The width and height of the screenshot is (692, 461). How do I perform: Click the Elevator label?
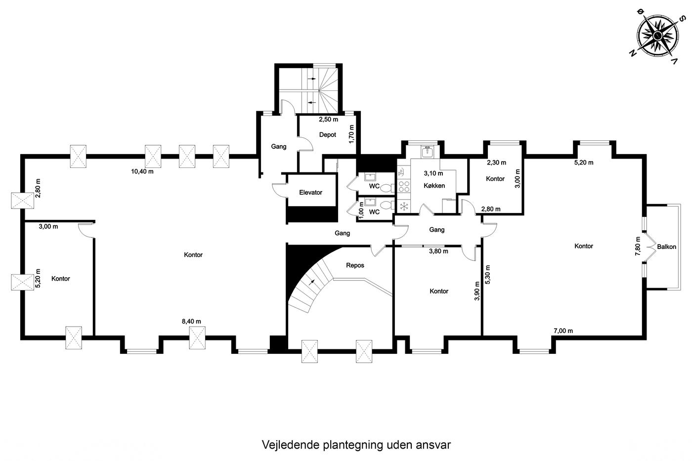pyautogui.click(x=310, y=192)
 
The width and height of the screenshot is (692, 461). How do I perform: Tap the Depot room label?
pyautogui.click(x=327, y=134)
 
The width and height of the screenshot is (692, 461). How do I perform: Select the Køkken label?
pyautogui.click(x=434, y=186)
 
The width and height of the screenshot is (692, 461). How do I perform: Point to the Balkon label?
pyautogui.click(x=666, y=247)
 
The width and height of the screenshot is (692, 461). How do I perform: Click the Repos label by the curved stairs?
pyautogui.click(x=355, y=265)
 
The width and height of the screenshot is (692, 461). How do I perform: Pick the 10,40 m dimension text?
pyautogui.click(x=142, y=171)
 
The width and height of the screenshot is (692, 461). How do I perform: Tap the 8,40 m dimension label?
pyautogui.click(x=191, y=322)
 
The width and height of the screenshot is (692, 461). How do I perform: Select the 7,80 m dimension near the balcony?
pyautogui.click(x=637, y=246)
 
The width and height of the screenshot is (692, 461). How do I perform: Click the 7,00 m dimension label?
pyautogui.click(x=563, y=331)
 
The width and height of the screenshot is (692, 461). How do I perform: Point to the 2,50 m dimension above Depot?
pyautogui.click(x=328, y=119)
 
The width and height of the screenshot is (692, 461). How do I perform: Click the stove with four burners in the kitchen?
pyautogui.click(x=404, y=186)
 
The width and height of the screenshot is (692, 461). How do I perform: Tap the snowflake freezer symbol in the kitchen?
pyautogui.click(x=404, y=206)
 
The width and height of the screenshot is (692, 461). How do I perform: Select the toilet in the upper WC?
pyautogui.click(x=387, y=188)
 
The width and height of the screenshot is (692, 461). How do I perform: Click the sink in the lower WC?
pyautogui.click(x=370, y=202)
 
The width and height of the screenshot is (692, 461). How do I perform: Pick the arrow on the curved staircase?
pyautogui.click(x=312, y=282)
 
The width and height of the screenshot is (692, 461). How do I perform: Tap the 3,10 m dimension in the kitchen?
pyautogui.click(x=433, y=173)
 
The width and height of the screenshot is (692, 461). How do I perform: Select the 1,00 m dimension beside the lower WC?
pyautogui.click(x=361, y=210)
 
